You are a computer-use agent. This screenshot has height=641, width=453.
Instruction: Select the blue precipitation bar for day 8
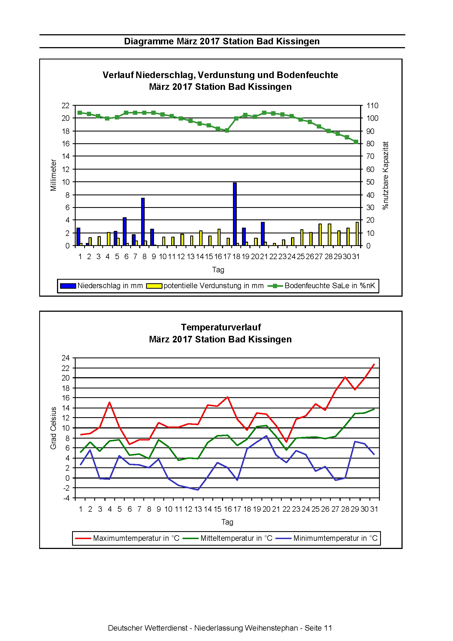click(143, 222)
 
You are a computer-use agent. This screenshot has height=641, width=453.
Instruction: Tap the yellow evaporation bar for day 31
click(357, 234)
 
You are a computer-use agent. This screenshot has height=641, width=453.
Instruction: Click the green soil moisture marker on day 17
click(227, 130)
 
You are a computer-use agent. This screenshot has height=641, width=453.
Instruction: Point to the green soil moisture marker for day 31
click(356, 142)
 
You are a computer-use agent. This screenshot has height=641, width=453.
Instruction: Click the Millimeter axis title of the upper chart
click(53, 175)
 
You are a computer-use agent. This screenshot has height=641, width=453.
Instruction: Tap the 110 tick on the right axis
click(372, 106)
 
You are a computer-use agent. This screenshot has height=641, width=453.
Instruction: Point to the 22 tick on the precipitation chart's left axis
click(65, 106)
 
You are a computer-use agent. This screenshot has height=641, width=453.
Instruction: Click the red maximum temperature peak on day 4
click(109, 402)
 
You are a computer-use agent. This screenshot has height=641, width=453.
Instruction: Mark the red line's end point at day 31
click(374, 364)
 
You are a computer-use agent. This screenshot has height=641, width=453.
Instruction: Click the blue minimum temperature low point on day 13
click(198, 490)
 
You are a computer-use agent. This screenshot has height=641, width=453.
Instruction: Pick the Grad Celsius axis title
click(53, 428)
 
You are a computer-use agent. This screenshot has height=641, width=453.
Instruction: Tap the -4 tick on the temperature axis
click(66, 498)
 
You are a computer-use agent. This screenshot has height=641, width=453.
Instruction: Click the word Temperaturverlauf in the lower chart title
click(221, 327)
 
